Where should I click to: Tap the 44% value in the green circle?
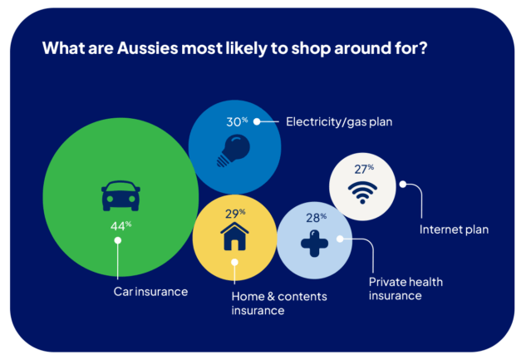[118, 225]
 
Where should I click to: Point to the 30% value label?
[237, 121]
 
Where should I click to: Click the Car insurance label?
[151, 292]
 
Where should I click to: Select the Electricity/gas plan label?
[338, 122]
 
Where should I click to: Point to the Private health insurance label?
[405, 288]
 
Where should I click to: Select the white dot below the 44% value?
[118, 241]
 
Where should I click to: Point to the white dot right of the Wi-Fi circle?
[403, 184]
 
